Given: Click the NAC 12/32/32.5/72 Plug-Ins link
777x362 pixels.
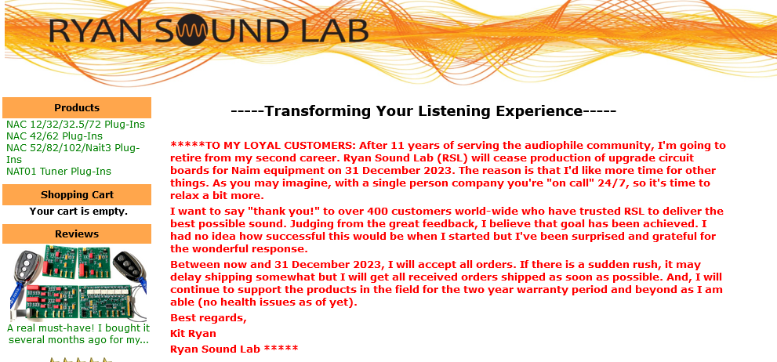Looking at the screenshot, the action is click(75, 125).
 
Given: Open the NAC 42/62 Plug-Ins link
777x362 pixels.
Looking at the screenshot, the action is click(55, 136).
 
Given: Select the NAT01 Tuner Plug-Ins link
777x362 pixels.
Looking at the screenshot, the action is click(59, 172).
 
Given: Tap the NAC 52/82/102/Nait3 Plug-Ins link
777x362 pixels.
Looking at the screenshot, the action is click(73, 154).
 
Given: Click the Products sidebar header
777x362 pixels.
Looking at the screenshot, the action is click(77, 107).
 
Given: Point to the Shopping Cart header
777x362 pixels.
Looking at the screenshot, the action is click(77, 194).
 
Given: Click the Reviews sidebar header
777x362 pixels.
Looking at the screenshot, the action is click(77, 233).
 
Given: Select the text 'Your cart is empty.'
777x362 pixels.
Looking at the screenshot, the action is click(78, 212).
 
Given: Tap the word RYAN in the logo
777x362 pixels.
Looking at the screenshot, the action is click(95, 31).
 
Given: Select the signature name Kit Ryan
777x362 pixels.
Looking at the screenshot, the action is click(193, 333).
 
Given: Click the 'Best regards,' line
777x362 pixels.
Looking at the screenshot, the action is click(208, 318).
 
